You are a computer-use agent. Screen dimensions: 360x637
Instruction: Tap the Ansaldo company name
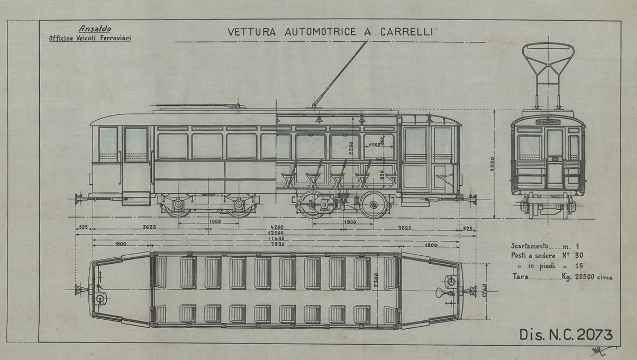pos(90,29)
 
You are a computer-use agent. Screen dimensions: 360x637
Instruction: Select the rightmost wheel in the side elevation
pos(375,205)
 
